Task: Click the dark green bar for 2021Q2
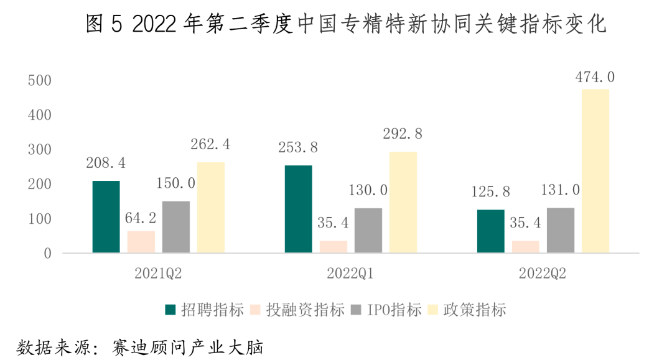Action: (106, 216)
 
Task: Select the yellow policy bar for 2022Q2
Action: (595, 171)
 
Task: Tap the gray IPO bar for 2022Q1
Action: (368, 230)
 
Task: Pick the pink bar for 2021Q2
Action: (141, 241)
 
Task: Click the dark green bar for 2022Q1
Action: (298, 209)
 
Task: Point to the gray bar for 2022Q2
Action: (561, 230)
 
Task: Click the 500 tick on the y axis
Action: (39, 81)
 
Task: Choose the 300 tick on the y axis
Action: (39, 150)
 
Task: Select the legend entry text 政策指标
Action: (475, 309)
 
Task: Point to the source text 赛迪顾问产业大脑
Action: (187, 346)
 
